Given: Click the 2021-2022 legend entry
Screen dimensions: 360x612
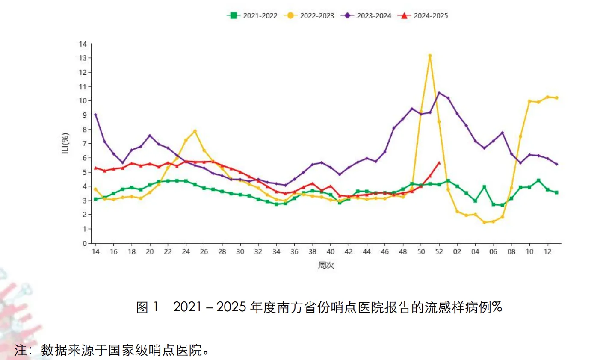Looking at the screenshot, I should click(x=252, y=16).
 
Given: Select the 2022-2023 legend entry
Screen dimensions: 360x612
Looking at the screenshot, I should click(x=309, y=16).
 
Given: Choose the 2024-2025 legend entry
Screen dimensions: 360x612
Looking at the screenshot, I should click(x=423, y=16).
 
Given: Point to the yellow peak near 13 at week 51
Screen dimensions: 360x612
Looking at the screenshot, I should click(x=430, y=56).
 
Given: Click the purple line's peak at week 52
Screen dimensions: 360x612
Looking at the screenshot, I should click(x=439, y=93).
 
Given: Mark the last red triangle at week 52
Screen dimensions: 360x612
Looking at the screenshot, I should click(x=439, y=163).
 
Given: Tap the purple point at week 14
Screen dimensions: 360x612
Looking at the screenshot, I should click(x=95, y=115).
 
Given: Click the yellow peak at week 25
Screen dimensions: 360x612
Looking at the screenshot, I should click(x=195, y=131).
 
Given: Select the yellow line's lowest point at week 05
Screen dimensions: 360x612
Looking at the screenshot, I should click(x=484, y=222).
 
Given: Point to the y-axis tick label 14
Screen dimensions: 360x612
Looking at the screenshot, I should click(x=83, y=44).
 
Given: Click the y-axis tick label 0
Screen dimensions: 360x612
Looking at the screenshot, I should click(x=85, y=243).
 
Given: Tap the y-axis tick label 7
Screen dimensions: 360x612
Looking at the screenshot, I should click(x=85, y=144).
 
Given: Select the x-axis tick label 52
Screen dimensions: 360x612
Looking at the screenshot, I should click(x=439, y=252).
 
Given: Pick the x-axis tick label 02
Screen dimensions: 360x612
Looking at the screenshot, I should click(x=457, y=252).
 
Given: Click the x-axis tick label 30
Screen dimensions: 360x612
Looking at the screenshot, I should click(x=240, y=252).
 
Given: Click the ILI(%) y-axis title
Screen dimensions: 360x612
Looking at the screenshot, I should click(x=65, y=143).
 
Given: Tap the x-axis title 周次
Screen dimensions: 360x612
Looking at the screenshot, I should click(x=326, y=265).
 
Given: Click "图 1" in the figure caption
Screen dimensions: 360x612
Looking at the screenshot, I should click(x=147, y=307).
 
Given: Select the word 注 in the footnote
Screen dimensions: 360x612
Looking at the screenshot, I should click(x=20, y=350).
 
